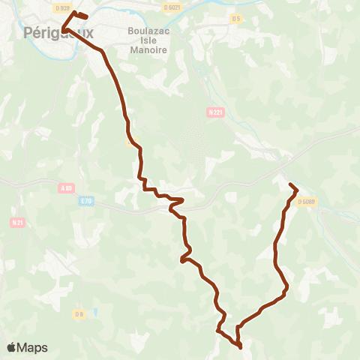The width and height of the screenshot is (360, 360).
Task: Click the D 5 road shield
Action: point(236,18)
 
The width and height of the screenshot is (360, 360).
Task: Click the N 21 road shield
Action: point(17,222)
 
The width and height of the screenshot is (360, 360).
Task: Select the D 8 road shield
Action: point(78,313)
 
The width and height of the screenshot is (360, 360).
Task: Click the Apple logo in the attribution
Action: point(12,347)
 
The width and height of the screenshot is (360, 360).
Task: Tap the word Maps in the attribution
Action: point(33,347)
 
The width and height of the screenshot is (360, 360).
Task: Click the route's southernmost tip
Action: point(240,347)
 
